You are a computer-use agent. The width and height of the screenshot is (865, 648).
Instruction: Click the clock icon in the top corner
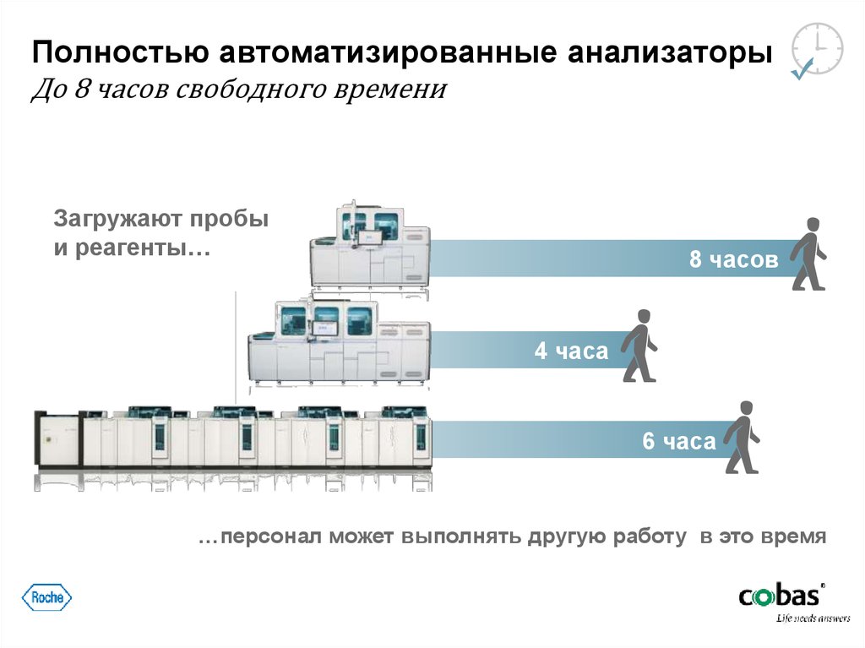pos(819,49)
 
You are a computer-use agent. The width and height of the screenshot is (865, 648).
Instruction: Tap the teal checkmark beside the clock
pos(801,72)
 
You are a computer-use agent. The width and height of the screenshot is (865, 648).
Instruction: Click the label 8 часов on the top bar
pos(733,260)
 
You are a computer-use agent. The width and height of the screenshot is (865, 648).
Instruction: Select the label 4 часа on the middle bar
pos(571,351)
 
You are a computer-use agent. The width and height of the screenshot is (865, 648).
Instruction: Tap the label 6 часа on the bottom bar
pos(679,441)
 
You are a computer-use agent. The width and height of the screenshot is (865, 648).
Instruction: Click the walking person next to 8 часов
pos(809,254)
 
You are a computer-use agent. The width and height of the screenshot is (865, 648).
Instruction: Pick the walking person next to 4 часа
pos(639,346)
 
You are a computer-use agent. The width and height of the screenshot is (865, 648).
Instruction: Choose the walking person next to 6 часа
pos(743,437)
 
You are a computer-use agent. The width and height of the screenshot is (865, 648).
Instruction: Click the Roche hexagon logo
pos(46,597)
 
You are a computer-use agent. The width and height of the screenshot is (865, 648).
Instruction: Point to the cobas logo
pos(781,596)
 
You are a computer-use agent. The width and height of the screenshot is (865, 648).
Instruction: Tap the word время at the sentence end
pos(792,537)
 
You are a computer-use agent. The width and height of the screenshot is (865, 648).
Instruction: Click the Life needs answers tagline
pos(813,618)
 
